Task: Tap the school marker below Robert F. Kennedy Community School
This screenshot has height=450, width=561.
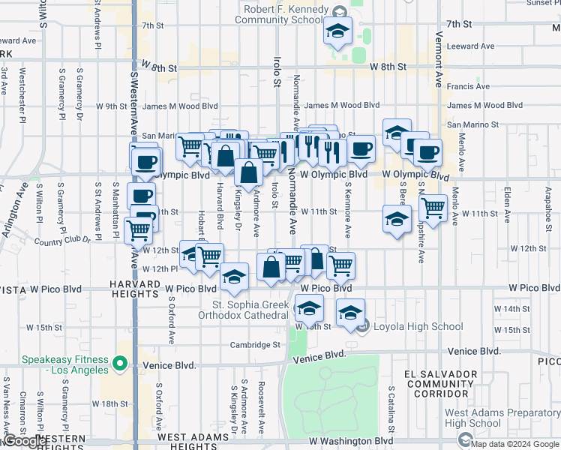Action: coord(337,31)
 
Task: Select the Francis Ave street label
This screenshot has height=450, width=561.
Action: coord(467,86)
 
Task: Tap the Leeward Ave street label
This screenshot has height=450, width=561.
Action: coord(470,46)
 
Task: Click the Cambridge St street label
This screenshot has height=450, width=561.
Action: coord(255,345)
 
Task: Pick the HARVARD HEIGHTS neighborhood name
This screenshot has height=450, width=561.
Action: coord(135,289)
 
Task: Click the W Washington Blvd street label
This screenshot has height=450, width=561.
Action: coord(351,442)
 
